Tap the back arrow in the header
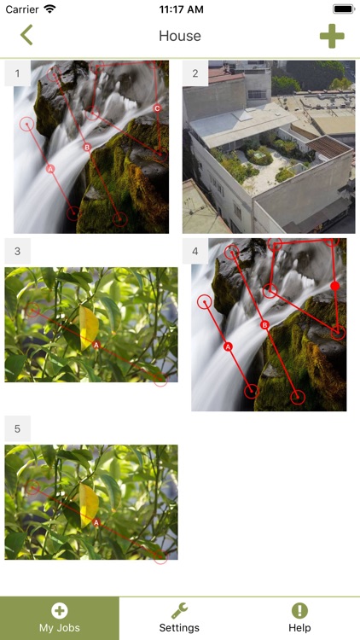point(26,35)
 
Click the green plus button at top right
point(332,36)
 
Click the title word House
point(180,36)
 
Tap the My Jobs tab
point(60,618)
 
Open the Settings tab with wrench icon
point(179,618)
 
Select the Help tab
point(299,618)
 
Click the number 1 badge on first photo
point(17,73)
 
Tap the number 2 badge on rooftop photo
point(195,73)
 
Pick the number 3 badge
point(17,251)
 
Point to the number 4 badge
point(195,251)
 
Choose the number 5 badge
point(17,428)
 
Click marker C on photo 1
point(157,108)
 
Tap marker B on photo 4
point(264,325)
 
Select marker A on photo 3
point(96,346)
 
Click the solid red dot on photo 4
point(335,286)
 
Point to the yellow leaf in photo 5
point(89,505)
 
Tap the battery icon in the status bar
point(344,9)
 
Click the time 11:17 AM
point(181,9)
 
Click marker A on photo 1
point(50,169)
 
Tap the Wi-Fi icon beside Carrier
point(49,9)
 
